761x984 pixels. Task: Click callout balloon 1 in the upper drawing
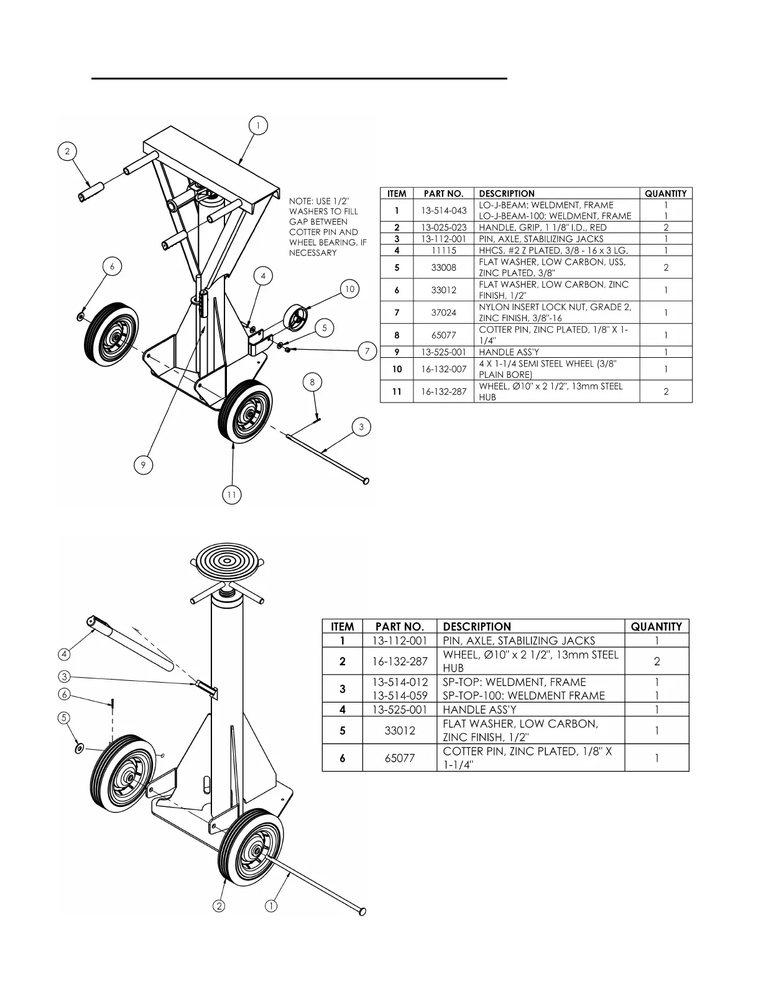coord(258,125)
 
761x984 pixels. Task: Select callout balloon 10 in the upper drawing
coord(350,289)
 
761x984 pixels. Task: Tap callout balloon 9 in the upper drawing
coord(143,465)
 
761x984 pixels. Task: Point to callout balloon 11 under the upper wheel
coord(231,494)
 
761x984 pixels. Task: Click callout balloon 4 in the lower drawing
coord(64,654)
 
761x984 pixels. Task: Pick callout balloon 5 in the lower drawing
coord(64,717)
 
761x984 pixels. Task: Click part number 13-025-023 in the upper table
coord(443,227)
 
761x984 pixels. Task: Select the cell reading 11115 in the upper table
coord(443,250)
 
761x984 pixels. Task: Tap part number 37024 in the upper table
coord(443,312)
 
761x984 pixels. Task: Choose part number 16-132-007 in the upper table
coord(443,369)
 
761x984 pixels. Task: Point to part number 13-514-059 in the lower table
coord(400,696)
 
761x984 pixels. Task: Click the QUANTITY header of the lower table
coord(656,627)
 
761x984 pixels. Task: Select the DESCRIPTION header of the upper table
coord(507,194)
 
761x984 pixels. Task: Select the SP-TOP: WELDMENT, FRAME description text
coord(514,682)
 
